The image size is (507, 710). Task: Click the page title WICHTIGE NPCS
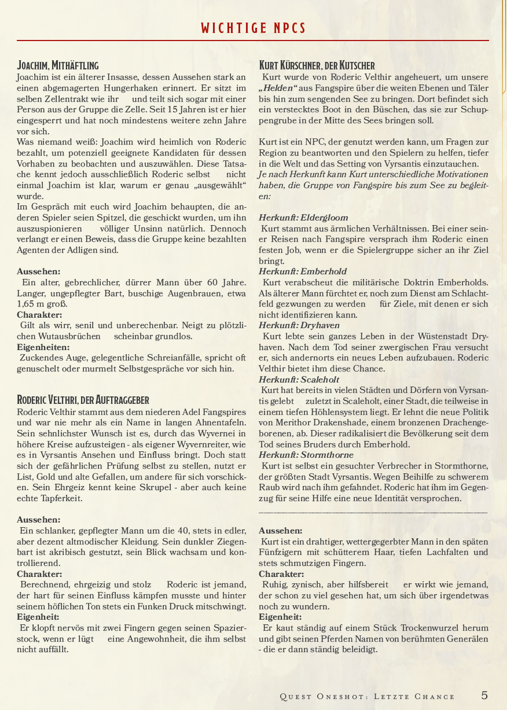pos(253,28)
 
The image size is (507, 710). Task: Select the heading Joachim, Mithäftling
pos(58,65)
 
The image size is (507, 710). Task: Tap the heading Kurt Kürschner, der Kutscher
pos(317,65)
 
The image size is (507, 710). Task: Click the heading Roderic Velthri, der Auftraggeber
pos(83,400)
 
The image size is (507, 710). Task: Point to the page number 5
pos(484,695)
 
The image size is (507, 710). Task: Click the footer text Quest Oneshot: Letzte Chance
pos(367,696)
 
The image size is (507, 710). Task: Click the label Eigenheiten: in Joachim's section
pos(43,347)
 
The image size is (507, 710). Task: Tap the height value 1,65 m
pos(33,304)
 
